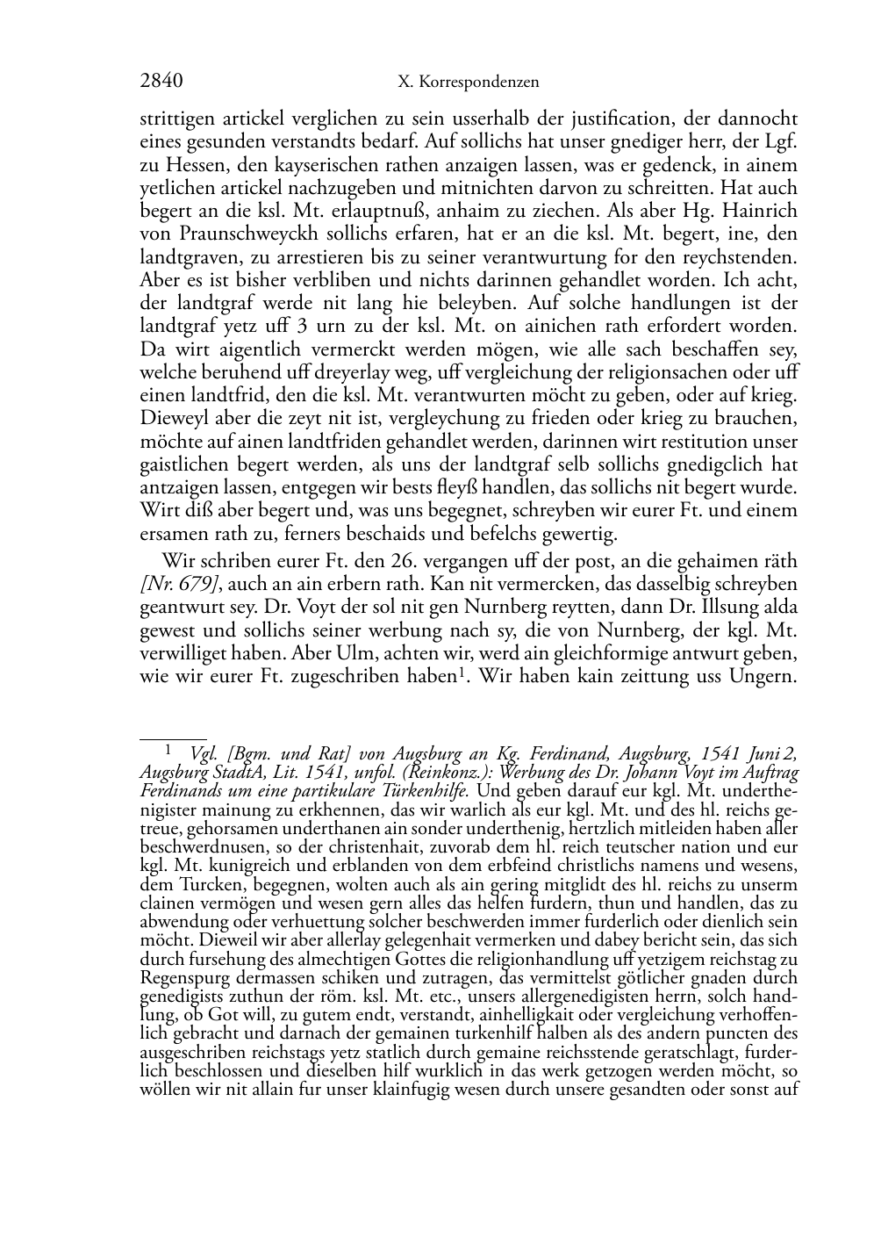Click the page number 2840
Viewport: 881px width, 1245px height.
161,82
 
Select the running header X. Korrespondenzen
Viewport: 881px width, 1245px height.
468,83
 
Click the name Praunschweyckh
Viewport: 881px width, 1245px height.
235,234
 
